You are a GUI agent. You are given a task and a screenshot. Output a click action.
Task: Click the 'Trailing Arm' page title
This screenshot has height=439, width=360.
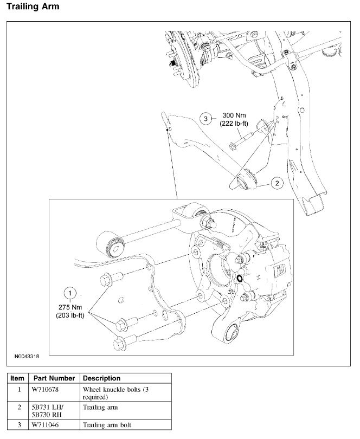pyautogui.click(x=33, y=7)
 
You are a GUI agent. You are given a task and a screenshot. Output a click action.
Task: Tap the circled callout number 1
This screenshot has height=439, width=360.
pyautogui.click(x=70, y=294)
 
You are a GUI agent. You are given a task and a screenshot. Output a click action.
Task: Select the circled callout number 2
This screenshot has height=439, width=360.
pyautogui.click(x=276, y=183)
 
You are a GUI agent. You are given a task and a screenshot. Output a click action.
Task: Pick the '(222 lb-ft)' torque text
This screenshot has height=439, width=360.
pyautogui.click(x=234, y=124)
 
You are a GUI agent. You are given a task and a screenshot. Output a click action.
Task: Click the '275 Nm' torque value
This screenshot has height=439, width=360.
pyautogui.click(x=70, y=307)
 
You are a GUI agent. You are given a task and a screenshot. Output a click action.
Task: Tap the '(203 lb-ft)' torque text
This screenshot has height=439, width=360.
pyautogui.click(x=70, y=315)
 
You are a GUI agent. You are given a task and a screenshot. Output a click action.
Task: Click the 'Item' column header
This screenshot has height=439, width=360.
pyautogui.click(x=17, y=378)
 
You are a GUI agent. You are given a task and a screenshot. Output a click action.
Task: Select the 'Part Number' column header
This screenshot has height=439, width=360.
pyautogui.click(x=53, y=378)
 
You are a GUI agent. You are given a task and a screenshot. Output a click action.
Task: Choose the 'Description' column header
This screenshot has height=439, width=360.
pyautogui.click(x=102, y=378)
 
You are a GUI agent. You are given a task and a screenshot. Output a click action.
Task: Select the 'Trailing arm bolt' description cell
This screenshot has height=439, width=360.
pyautogui.click(x=107, y=425)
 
